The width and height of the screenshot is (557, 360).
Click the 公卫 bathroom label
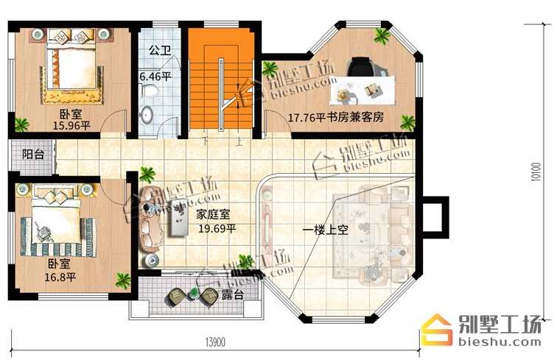coord(159,50)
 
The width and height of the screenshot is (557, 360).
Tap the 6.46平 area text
coord(155,77)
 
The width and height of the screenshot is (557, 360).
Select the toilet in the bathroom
coord(149,91)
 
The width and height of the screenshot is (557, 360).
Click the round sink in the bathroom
coord(146,114)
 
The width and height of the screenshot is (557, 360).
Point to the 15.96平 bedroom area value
coord(71,125)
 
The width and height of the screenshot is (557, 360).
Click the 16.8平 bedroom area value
coord(60,277)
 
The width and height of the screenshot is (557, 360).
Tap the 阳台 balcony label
coord(33,155)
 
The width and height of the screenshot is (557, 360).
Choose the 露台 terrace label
coord(233,294)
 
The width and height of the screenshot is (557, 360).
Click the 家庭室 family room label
coord(213,214)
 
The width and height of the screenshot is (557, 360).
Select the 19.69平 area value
coord(217,229)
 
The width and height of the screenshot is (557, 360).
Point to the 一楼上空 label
coord(325,230)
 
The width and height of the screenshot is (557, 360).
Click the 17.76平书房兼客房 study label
coord(336,117)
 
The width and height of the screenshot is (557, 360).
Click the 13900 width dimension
coord(215,342)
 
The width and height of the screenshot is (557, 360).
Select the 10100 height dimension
coord(536,172)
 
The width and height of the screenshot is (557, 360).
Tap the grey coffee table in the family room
coord(179,217)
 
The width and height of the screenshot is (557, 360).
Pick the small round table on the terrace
coord(193,294)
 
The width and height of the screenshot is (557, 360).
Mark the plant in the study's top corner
coord(382,35)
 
